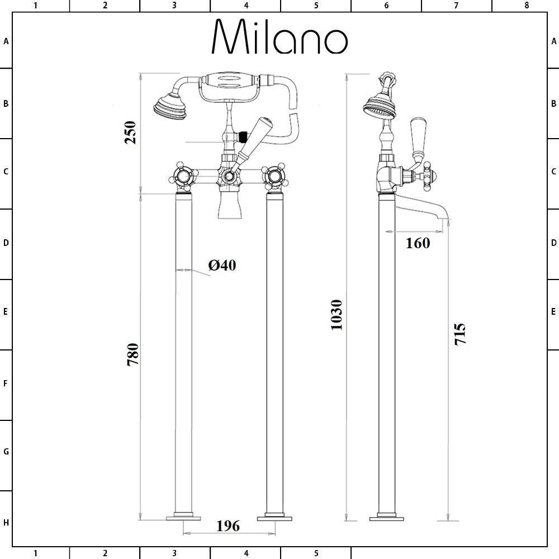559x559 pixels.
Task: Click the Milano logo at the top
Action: [x=279, y=37]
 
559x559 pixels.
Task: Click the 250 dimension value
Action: [x=130, y=132]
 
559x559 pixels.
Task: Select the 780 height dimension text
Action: [x=132, y=354]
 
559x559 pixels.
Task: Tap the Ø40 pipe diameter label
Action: [x=222, y=265]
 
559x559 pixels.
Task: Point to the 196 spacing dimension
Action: [x=228, y=525]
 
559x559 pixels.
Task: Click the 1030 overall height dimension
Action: [x=336, y=315]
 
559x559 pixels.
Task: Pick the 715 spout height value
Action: [x=459, y=334]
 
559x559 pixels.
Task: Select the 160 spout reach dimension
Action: [x=418, y=243]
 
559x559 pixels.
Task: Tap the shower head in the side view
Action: [x=380, y=107]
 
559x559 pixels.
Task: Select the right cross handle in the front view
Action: [x=274, y=178]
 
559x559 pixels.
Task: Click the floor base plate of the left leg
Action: [x=183, y=518]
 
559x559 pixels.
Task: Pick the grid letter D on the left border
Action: [x=6, y=243]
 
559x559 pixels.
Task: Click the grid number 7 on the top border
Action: [x=456, y=6]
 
